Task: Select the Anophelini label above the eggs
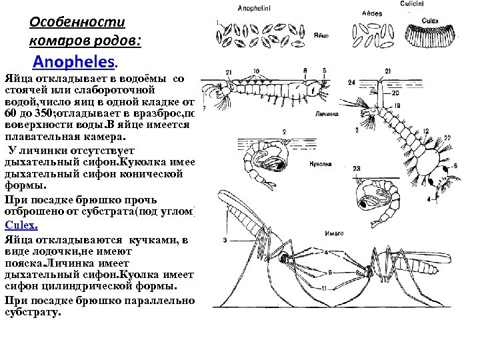[x=254, y=8]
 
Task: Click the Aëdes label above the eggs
[x=371, y=13]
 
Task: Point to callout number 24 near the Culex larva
[x=351, y=82]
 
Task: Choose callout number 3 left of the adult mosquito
[x=225, y=239]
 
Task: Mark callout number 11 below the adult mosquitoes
[x=323, y=288]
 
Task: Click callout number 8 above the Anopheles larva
[x=305, y=71]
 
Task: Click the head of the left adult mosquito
[x=286, y=255]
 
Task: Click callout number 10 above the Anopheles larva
[x=256, y=71]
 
